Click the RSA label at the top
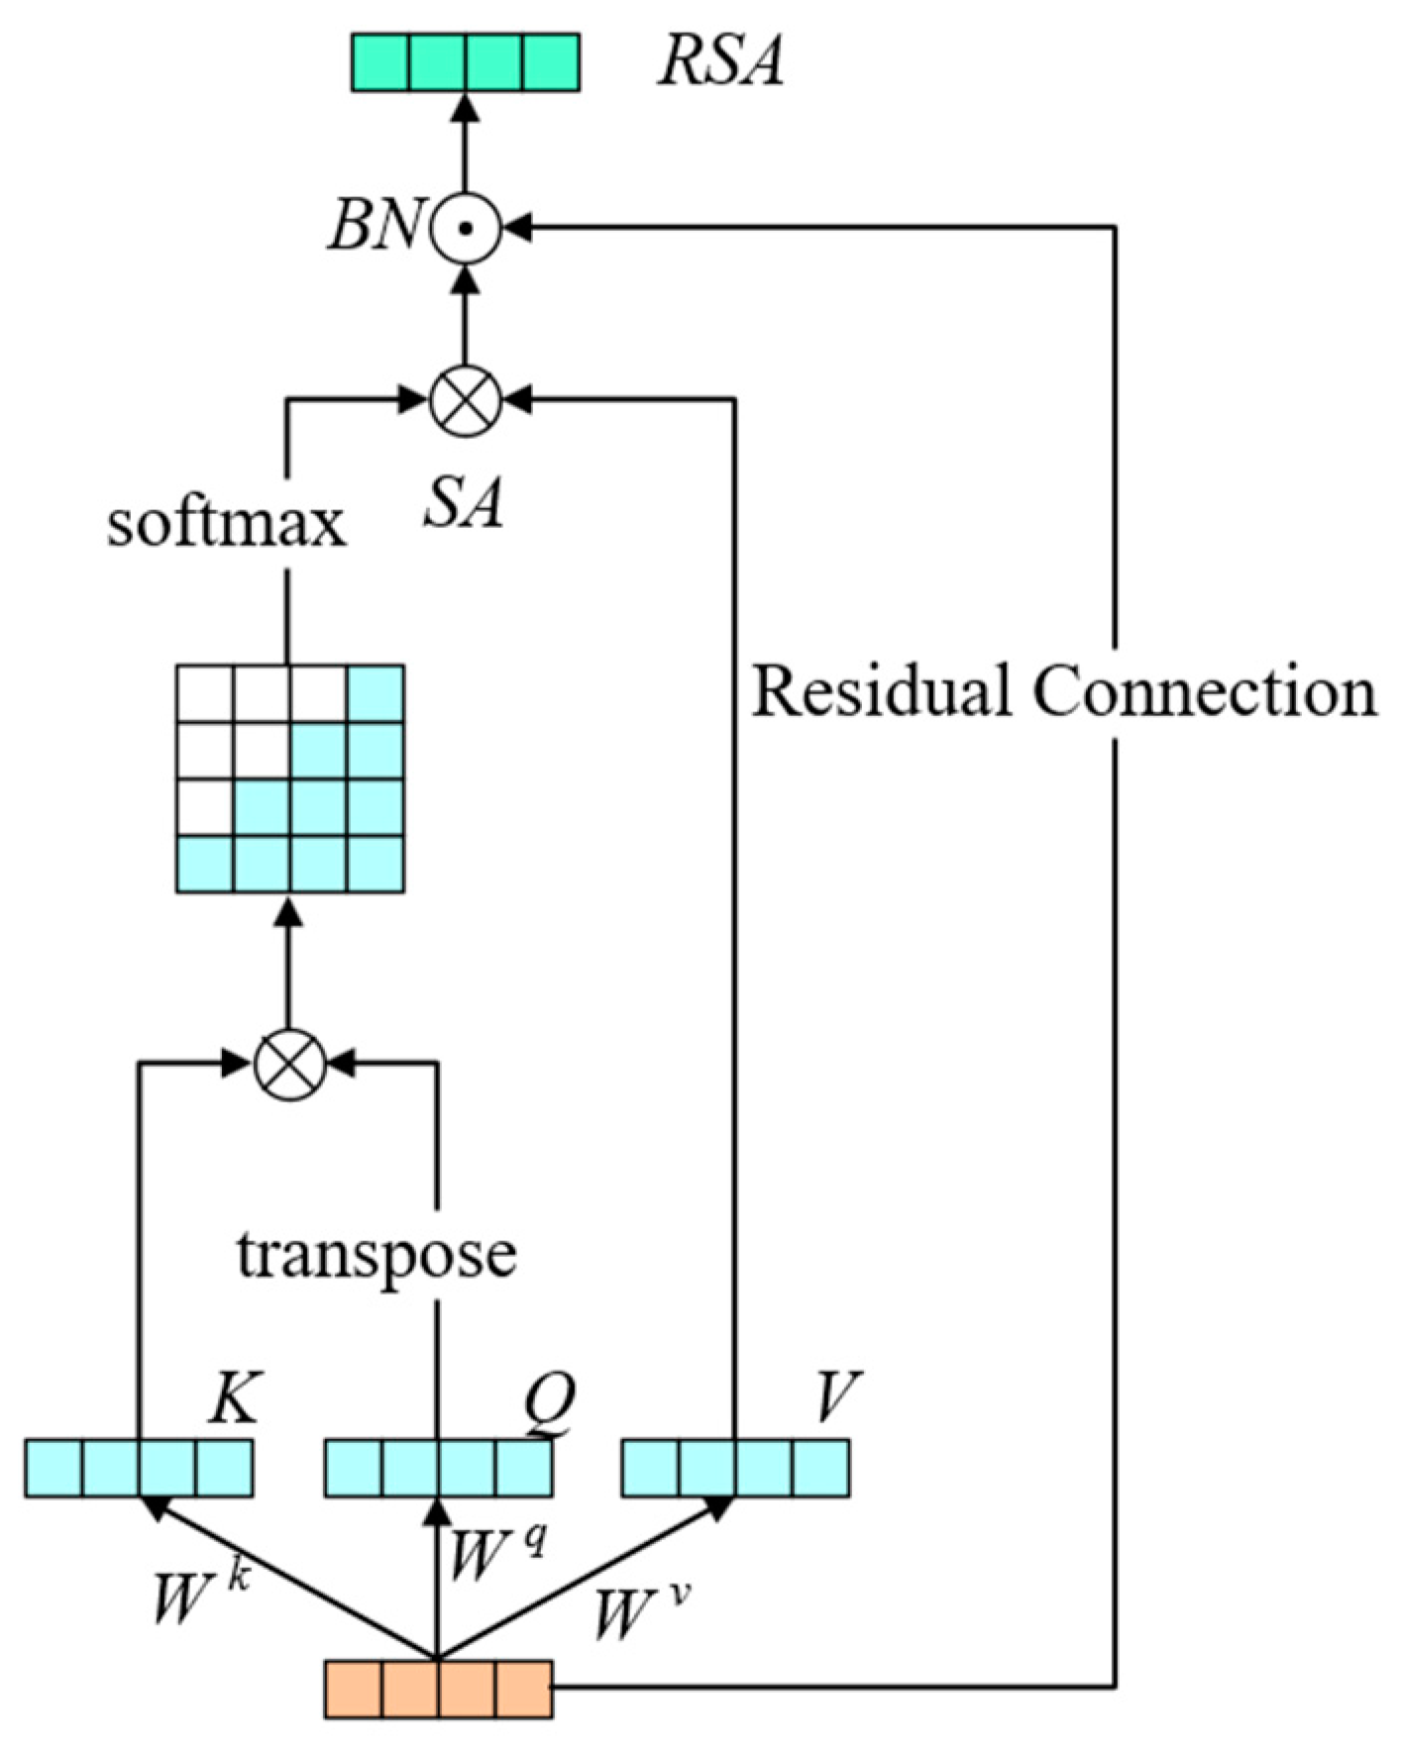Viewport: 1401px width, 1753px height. [x=720, y=61]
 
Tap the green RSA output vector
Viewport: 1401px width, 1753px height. [x=466, y=62]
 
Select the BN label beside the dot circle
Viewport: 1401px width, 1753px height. [x=376, y=226]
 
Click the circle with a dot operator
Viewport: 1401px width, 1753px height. [x=467, y=228]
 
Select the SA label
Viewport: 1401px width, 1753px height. [x=463, y=501]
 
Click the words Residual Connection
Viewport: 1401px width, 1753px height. [x=1063, y=690]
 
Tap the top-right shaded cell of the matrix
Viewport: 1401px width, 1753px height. [x=376, y=693]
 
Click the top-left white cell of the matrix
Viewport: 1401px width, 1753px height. [x=205, y=693]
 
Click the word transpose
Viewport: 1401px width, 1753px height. [x=377, y=1254]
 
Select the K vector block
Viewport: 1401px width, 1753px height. [x=139, y=1468]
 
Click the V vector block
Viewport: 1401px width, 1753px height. [x=735, y=1468]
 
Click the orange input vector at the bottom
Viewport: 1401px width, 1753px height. [x=439, y=1690]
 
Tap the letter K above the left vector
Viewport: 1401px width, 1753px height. [x=234, y=1398]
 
